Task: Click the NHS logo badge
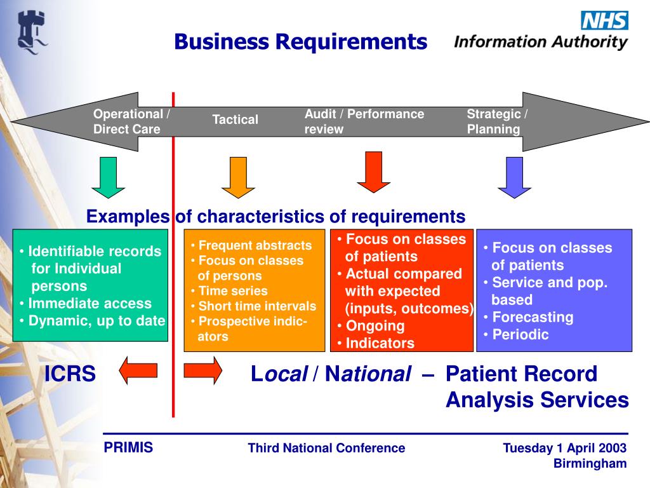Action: pyautogui.click(x=604, y=20)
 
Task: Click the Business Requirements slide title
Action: pyautogui.click(x=301, y=42)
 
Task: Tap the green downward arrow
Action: pyautogui.click(x=108, y=177)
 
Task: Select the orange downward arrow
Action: pyautogui.click(x=238, y=177)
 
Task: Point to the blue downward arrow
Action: pyautogui.click(x=514, y=177)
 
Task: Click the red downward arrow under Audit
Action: pyautogui.click(x=373, y=172)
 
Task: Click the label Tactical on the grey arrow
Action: pyautogui.click(x=235, y=119)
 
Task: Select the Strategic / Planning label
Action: pyautogui.click(x=497, y=121)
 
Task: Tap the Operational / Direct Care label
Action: pyautogui.click(x=131, y=121)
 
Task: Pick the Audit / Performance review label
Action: pyautogui.click(x=364, y=121)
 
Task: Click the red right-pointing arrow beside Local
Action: pyautogui.click(x=203, y=370)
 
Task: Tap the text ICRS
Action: pyautogui.click(x=70, y=374)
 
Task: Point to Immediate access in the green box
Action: pyautogui.click(x=90, y=303)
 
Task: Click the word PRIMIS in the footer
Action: pyautogui.click(x=128, y=447)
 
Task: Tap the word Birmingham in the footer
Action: pyautogui.click(x=590, y=463)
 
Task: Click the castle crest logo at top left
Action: pyautogui.click(x=31, y=30)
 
